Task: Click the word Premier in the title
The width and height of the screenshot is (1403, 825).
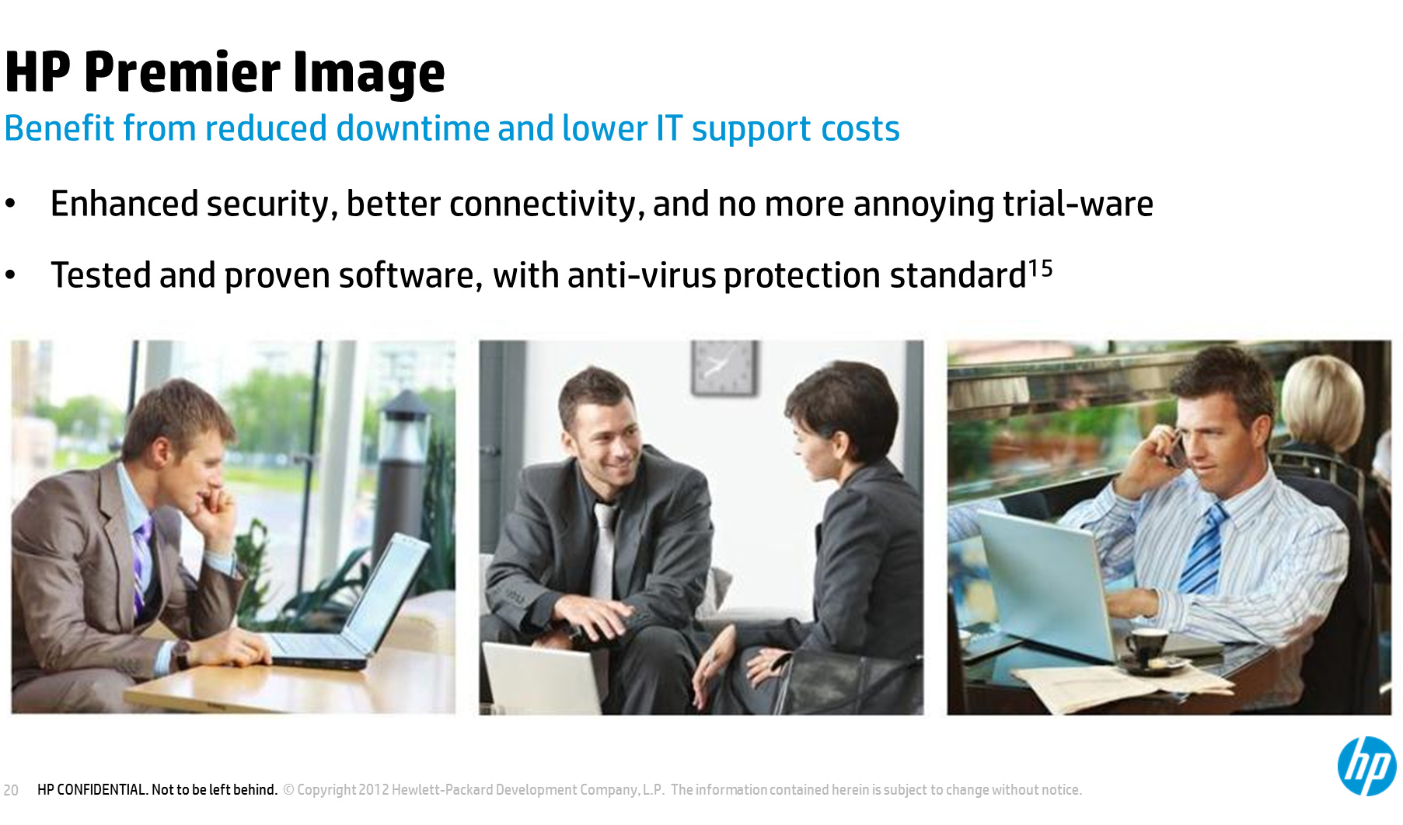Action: coord(182,72)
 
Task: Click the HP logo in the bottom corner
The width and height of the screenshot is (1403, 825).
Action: coord(1366,766)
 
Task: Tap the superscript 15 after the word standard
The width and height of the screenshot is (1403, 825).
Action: coord(1040,269)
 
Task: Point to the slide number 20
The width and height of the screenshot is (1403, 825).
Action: coord(11,790)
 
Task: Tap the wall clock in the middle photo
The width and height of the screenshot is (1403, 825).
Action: coord(724,367)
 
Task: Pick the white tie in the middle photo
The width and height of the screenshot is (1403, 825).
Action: coord(603,549)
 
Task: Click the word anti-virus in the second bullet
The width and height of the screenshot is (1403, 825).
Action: coord(641,275)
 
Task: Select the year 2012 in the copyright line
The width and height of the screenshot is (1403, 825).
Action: coord(373,790)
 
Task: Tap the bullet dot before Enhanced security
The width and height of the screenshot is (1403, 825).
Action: coord(10,204)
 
